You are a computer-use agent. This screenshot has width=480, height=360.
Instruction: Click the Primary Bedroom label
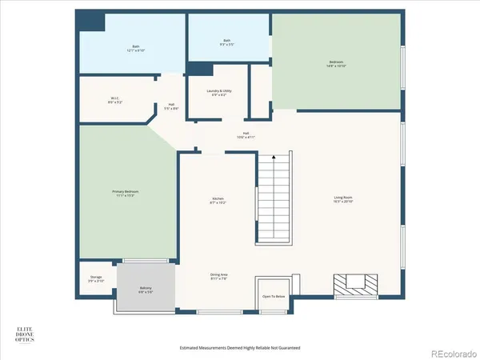pos(124,193)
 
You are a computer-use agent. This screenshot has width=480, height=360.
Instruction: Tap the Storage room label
pos(95,279)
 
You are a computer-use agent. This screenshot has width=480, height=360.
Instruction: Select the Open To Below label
pos(274,296)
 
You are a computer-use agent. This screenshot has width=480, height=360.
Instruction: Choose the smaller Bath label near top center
pos(228,42)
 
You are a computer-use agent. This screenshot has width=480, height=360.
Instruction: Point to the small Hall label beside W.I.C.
pos(171,105)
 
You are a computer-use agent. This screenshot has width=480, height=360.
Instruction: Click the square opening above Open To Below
pos(274,284)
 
